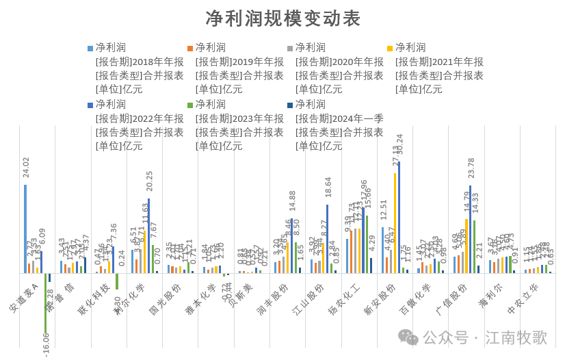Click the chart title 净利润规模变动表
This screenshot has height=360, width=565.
282,18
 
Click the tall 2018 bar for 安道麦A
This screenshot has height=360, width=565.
25,229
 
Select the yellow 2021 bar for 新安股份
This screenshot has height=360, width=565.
395,223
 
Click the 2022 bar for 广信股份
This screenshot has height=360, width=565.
471,229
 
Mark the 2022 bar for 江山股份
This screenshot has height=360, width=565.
327,239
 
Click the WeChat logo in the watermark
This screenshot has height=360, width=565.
408,337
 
